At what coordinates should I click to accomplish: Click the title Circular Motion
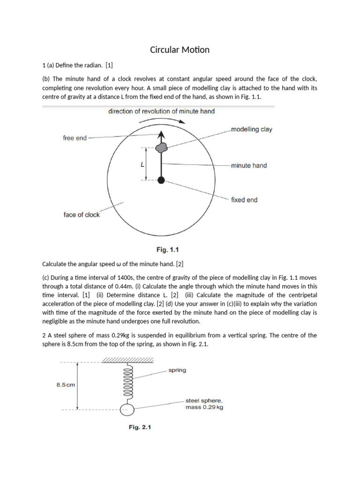[x=180, y=49]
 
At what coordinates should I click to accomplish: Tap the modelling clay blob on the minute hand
[x=161, y=148]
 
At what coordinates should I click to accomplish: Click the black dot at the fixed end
[x=161, y=180]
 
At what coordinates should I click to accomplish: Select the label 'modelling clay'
[x=252, y=129]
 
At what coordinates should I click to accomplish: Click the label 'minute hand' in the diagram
[x=249, y=165]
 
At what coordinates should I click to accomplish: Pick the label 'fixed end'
[x=244, y=200]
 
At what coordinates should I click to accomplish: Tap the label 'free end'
[x=75, y=138]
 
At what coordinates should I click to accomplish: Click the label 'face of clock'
[x=82, y=215]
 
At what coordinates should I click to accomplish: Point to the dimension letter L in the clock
[x=142, y=165]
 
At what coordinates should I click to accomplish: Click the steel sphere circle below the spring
[x=127, y=410]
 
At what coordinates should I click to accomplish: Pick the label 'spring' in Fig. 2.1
[x=177, y=370]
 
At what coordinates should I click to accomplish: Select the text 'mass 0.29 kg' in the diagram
[x=204, y=407]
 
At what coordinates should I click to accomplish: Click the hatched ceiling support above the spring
[x=127, y=360]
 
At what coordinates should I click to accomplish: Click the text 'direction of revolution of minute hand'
[x=162, y=112]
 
